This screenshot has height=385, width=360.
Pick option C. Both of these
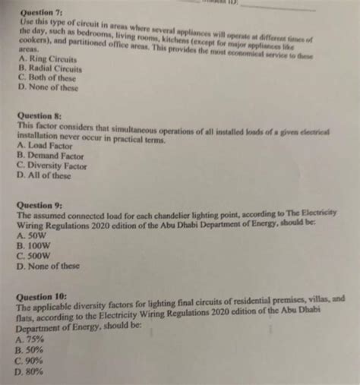click(x=50, y=76)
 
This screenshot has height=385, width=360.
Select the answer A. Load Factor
click(x=48, y=144)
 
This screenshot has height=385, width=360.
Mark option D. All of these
click(x=46, y=174)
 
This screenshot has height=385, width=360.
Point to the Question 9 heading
click(x=39, y=206)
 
